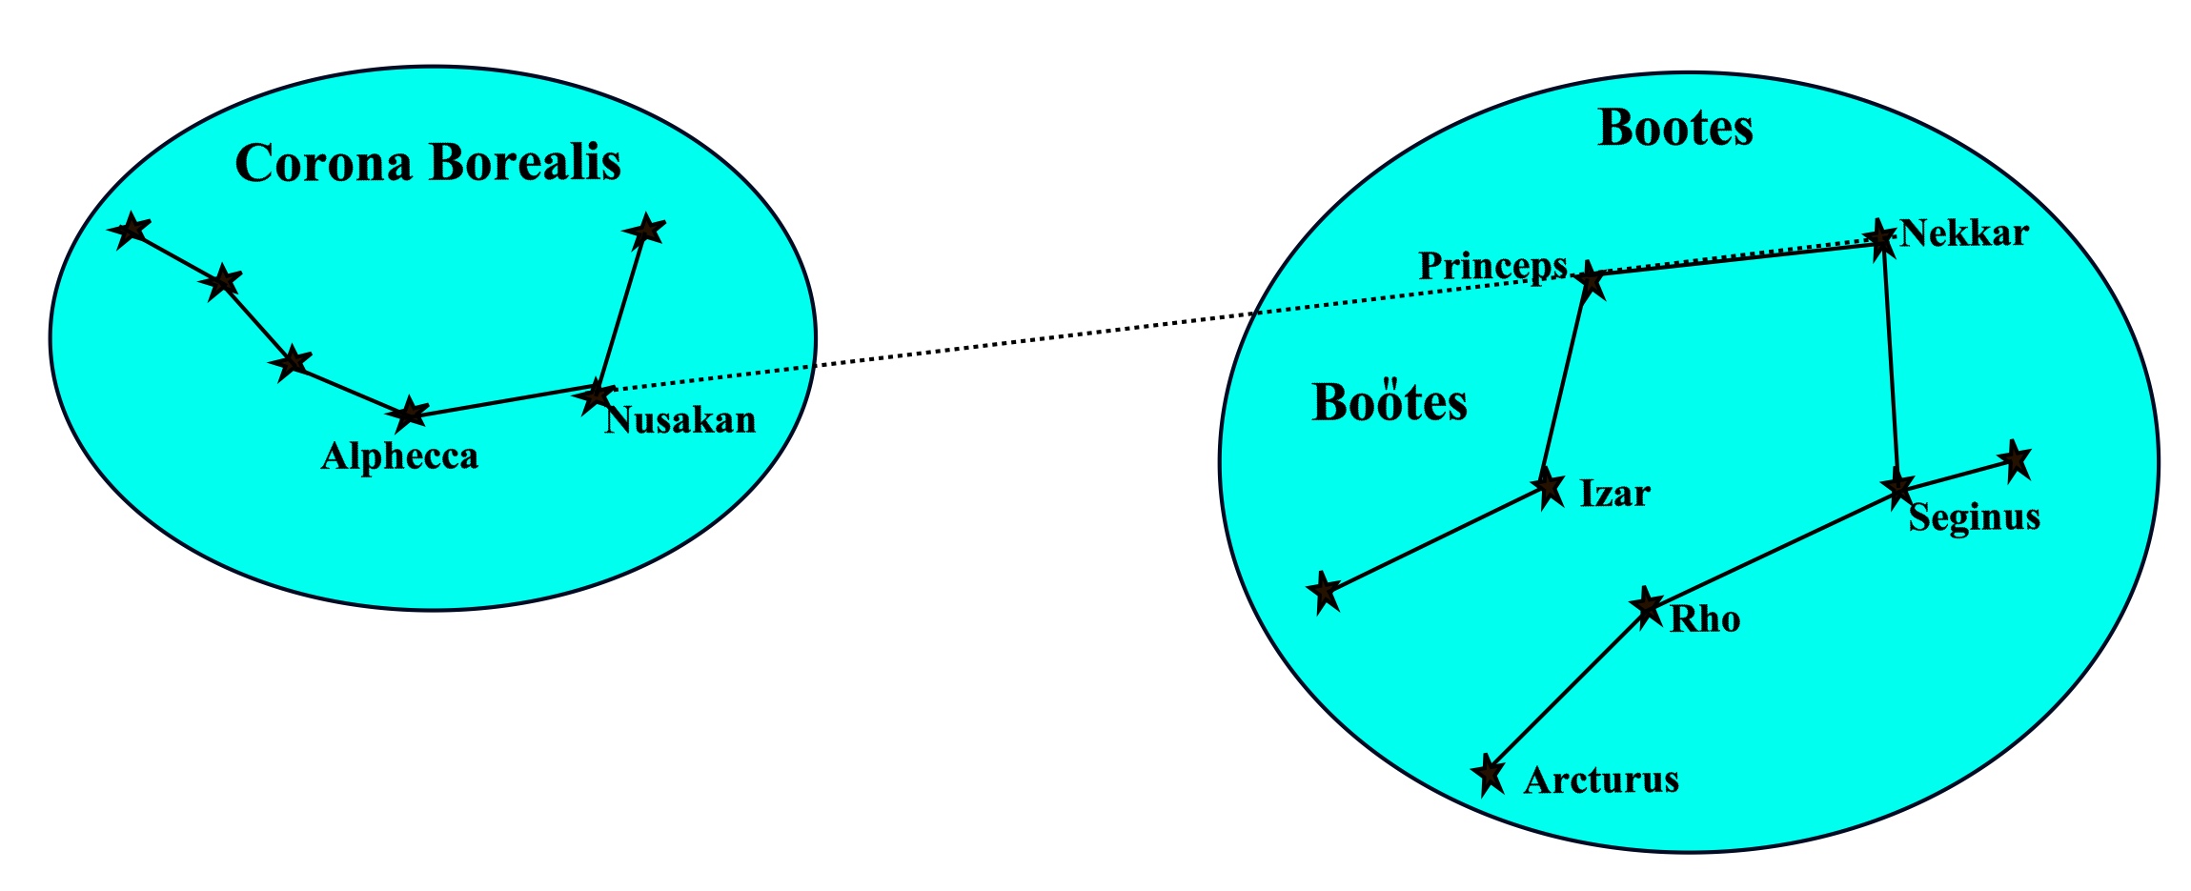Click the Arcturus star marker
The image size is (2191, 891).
[x=1488, y=774]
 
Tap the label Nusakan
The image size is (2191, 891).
[x=680, y=420]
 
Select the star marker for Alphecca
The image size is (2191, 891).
[x=410, y=414]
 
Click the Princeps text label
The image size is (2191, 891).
[x=1492, y=266]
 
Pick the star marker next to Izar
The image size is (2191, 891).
[x=1548, y=488]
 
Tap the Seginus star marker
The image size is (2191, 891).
[x=1897, y=488]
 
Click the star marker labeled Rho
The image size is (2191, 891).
[x=1646, y=605]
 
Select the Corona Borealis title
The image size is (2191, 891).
[x=428, y=162]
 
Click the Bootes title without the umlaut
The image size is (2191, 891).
[x=1675, y=128]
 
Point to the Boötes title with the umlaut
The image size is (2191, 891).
[x=1390, y=402]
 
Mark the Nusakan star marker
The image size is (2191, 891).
[x=597, y=394]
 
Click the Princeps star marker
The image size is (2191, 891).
[x=1590, y=280]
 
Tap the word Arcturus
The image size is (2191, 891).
[x=1601, y=780]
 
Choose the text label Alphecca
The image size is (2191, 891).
[x=399, y=456]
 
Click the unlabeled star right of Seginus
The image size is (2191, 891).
[x=2014, y=461]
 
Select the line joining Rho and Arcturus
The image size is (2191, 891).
[x=1567, y=690]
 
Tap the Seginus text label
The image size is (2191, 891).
[x=1974, y=517]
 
